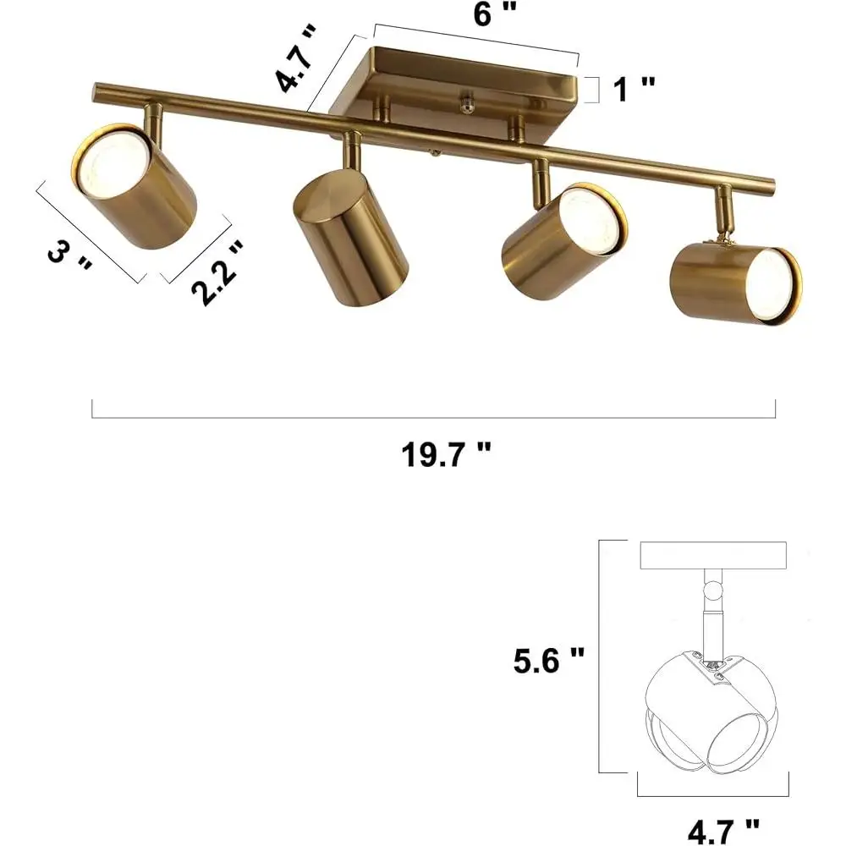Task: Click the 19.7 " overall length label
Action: point(446,455)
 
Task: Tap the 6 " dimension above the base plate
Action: point(495,14)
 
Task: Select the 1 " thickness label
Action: point(634,89)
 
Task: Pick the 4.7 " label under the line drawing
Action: point(723,832)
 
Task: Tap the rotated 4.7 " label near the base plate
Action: point(295,58)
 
